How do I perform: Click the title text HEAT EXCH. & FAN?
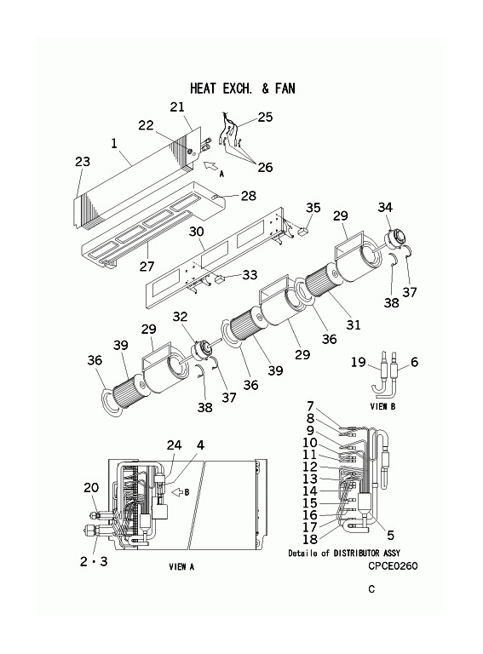(243, 89)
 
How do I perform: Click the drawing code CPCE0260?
(393, 565)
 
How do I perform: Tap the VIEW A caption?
(181, 566)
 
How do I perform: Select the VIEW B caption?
(382, 406)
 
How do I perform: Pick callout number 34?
(385, 207)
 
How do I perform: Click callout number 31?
(354, 324)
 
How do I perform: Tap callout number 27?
(147, 266)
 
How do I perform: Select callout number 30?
(196, 232)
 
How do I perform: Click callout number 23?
(82, 162)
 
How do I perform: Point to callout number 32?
(181, 317)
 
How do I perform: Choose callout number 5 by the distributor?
(390, 535)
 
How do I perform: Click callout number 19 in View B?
(358, 362)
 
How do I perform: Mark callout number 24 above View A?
(175, 445)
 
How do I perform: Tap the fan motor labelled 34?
(394, 239)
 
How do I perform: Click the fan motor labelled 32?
(200, 347)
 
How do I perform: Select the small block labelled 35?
(303, 229)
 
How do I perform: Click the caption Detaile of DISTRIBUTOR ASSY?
(344, 553)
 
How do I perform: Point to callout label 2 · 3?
(94, 561)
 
